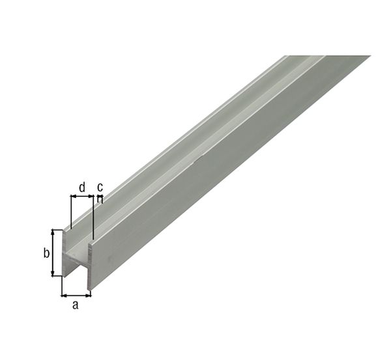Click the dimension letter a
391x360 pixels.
(75, 305)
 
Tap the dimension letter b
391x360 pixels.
(46, 253)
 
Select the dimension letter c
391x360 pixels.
(100, 187)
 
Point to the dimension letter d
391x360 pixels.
(81, 187)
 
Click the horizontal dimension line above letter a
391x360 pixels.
(76, 295)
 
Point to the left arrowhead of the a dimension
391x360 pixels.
(65, 295)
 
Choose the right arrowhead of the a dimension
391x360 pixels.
(89, 295)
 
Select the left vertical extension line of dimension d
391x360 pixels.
(70, 212)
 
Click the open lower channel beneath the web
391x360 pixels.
(76, 270)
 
